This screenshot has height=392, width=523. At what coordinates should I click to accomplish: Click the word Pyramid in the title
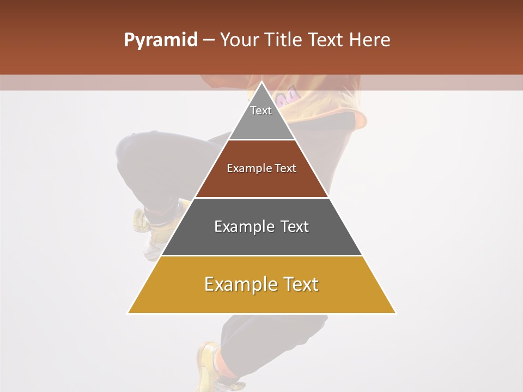(160, 40)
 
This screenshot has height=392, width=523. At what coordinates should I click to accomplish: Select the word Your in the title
(240, 40)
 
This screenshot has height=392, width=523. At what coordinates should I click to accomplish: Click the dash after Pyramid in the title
(208, 40)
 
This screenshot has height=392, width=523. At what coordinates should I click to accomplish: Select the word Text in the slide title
(326, 40)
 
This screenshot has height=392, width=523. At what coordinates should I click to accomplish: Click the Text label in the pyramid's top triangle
(261, 111)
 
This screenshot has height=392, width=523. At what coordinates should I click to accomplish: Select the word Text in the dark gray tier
(295, 226)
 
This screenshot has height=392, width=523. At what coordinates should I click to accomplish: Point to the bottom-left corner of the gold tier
(128, 313)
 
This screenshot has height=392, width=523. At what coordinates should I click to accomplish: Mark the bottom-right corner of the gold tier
(395, 313)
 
